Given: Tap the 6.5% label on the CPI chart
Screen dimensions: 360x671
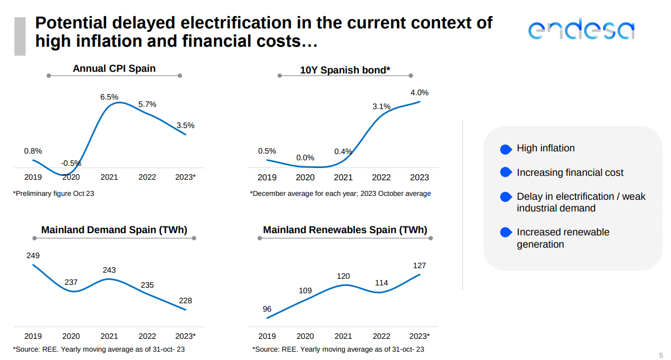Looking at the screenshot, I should (109, 97).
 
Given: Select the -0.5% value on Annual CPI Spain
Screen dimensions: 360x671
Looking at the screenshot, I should (71, 163).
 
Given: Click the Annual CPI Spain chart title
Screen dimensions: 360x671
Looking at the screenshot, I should (114, 68).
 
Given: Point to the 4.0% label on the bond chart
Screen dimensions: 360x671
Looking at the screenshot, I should (420, 92).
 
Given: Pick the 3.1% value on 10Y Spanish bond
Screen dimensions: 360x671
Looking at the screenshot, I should (382, 106).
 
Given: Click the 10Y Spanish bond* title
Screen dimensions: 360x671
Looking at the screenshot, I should (345, 70).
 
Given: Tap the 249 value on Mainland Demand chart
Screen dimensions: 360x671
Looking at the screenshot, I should (33, 255).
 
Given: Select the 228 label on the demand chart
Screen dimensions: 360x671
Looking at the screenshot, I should (185, 300).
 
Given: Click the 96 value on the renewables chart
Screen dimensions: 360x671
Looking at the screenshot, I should (267, 309).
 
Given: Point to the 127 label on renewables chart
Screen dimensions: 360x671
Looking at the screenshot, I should (420, 265).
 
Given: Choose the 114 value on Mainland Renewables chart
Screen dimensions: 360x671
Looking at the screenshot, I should (381, 283).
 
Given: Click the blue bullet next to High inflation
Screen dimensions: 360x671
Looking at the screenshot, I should (506, 149).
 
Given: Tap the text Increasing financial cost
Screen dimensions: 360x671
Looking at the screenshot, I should (570, 172).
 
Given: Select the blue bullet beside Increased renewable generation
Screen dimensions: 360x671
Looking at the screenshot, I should (506, 233).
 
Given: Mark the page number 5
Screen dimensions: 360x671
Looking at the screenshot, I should (661, 355).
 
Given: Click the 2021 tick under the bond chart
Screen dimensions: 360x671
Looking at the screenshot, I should (343, 177).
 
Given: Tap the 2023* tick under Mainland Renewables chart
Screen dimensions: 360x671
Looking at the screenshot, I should (420, 336).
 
